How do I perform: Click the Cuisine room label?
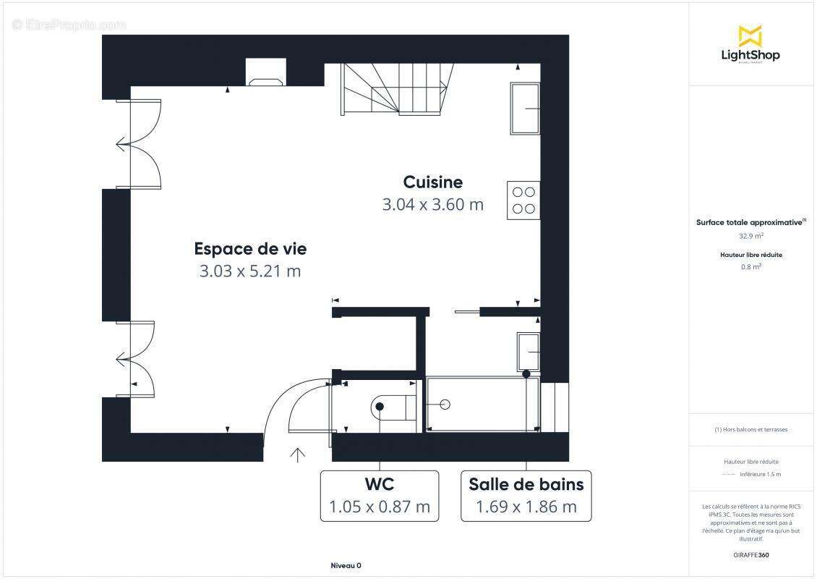tap(432, 182)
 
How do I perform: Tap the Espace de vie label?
tap(250, 249)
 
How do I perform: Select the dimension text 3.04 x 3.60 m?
tap(432, 205)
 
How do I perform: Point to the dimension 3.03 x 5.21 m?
tap(250, 271)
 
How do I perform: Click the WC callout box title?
tap(379, 484)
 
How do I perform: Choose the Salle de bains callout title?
tap(526, 484)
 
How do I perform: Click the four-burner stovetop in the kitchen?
tap(523, 200)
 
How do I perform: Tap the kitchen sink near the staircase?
tap(525, 109)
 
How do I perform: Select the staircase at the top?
tap(397, 88)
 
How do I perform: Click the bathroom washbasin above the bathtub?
tap(528, 351)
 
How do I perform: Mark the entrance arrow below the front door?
tap(297, 455)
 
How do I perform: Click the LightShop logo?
tap(750, 44)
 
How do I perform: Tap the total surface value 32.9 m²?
tap(750, 236)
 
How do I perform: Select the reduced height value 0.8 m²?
tap(750, 266)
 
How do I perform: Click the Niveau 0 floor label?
tap(346, 565)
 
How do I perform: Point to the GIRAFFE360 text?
tap(750, 555)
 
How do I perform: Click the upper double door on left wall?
tap(140, 144)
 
